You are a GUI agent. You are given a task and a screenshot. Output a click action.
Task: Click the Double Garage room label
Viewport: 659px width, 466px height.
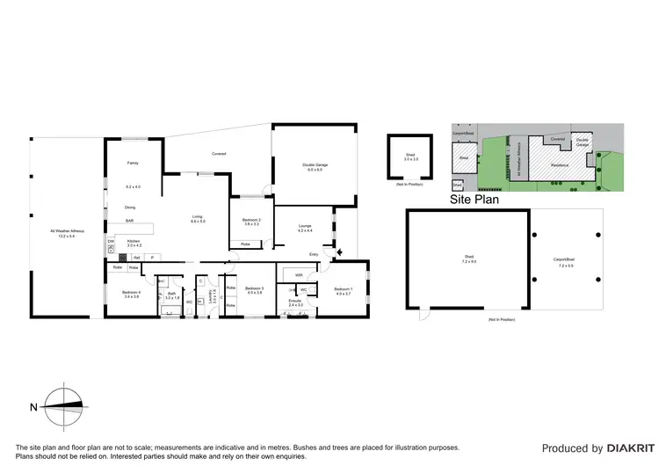(x=315, y=167)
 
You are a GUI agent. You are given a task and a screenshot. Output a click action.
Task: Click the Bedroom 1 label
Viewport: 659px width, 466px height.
(x=343, y=291)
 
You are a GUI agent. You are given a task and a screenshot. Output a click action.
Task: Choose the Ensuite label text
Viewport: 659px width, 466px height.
(x=294, y=301)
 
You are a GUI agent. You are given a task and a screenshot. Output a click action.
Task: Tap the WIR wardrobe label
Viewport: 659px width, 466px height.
(x=299, y=275)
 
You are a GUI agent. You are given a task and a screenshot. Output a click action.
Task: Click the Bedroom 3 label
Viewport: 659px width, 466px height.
(x=254, y=290)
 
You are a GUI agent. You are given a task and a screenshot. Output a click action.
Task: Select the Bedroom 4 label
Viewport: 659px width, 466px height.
(x=130, y=294)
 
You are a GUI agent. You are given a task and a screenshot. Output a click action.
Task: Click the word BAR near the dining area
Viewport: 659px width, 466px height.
(x=129, y=221)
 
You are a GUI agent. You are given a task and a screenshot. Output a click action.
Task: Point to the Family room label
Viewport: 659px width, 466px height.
(x=133, y=164)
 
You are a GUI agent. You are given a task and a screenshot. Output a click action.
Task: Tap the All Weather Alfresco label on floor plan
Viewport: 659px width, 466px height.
(x=67, y=233)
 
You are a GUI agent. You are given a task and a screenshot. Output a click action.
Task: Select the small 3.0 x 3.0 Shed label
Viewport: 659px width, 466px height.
(x=409, y=157)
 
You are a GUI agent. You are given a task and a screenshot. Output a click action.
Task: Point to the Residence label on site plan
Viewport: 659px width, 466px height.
(x=560, y=164)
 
